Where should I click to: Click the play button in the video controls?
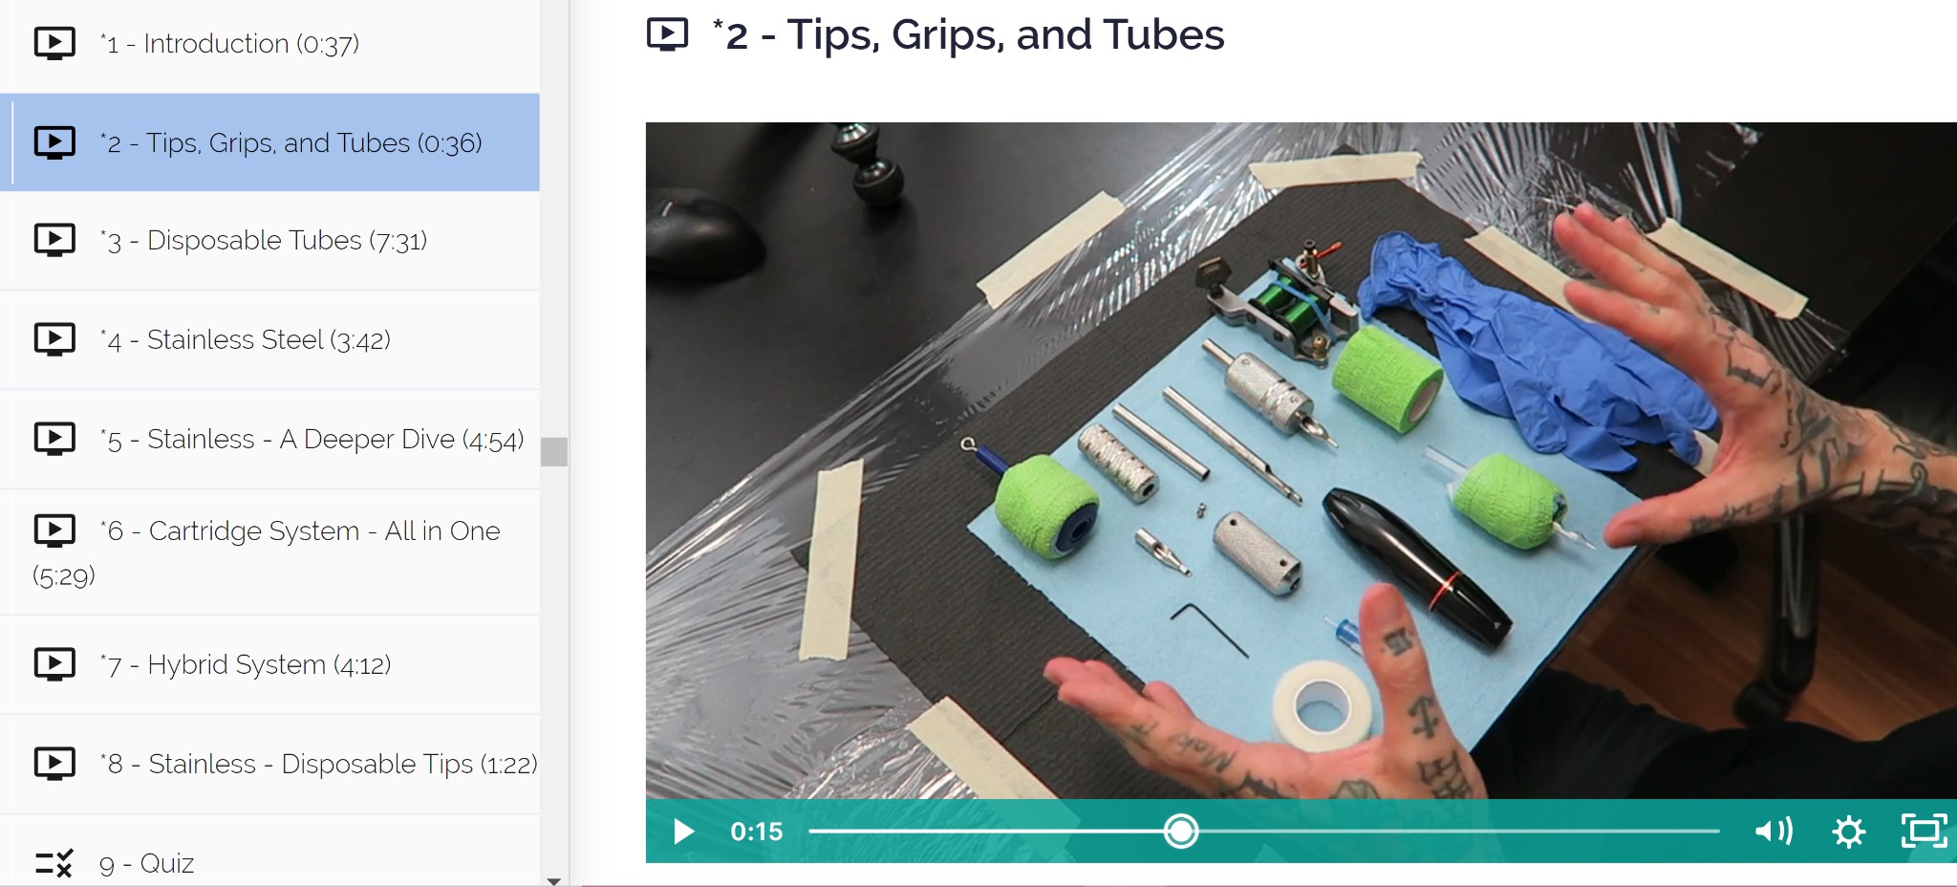click(682, 832)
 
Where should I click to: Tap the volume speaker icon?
click(1773, 831)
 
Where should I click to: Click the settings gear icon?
click(1848, 832)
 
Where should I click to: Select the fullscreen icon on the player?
click(1924, 831)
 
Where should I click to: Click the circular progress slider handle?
click(1181, 831)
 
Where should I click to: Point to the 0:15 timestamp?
click(756, 832)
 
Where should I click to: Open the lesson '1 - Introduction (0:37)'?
click(229, 44)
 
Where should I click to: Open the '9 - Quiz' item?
click(146, 864)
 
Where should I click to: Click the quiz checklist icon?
click(54, 863)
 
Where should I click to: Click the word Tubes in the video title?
click(1163, 35)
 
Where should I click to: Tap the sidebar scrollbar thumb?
click(554, 451)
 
